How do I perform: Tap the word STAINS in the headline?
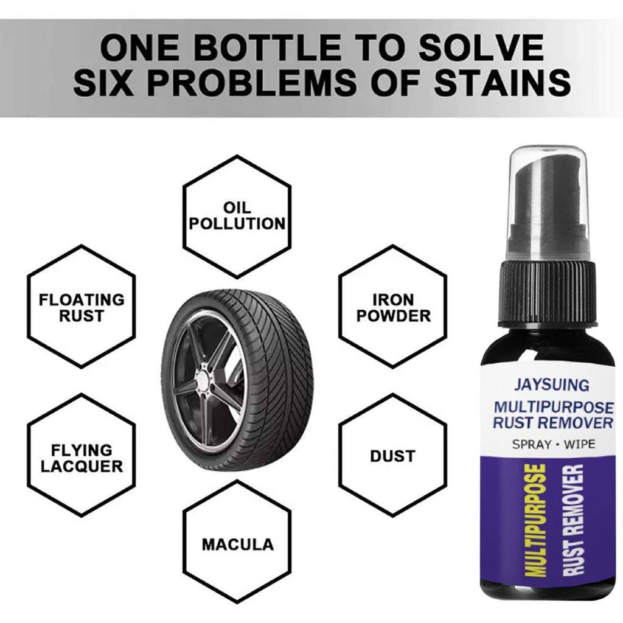502,83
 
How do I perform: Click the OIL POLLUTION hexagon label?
237,216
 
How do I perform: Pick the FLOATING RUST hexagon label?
82,307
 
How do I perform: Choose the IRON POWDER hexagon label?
394,307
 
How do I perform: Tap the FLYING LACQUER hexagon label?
82,458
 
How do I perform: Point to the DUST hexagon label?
392,456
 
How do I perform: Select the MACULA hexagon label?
238,545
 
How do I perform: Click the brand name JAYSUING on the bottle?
551,385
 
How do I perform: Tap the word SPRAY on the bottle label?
531,444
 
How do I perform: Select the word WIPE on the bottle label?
580,444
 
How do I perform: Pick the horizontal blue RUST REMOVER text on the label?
553,422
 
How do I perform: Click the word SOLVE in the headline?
481,47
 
